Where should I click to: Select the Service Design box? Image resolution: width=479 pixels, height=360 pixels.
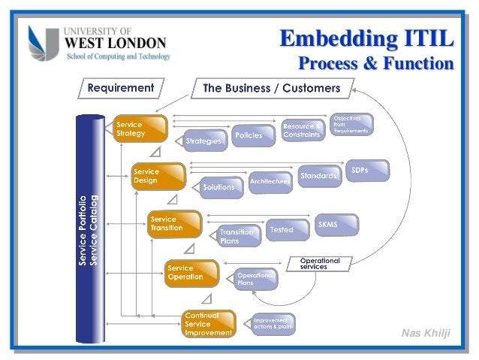click(x=158, y=177)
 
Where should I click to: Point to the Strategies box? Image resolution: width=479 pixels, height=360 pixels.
click(x=203, y=141)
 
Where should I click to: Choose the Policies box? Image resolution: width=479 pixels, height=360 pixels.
click(x=249, y=135)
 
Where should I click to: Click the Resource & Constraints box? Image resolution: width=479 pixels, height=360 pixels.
click(x=302, y=129)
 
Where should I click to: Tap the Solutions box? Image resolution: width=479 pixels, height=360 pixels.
click(x=220, y=186)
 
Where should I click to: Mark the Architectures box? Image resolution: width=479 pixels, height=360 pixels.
click(x=270, y=181)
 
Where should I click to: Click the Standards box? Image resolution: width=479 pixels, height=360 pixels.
click(x=318, y=176)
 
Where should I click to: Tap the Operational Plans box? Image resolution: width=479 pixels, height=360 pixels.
click(x=255, y=280)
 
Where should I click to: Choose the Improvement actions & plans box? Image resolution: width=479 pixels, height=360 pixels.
click(x=272, y=324)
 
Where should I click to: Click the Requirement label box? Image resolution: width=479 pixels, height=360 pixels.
click(x=121, y=88)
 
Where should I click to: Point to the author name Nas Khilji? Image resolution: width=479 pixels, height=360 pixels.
click(x=426, y=334)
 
